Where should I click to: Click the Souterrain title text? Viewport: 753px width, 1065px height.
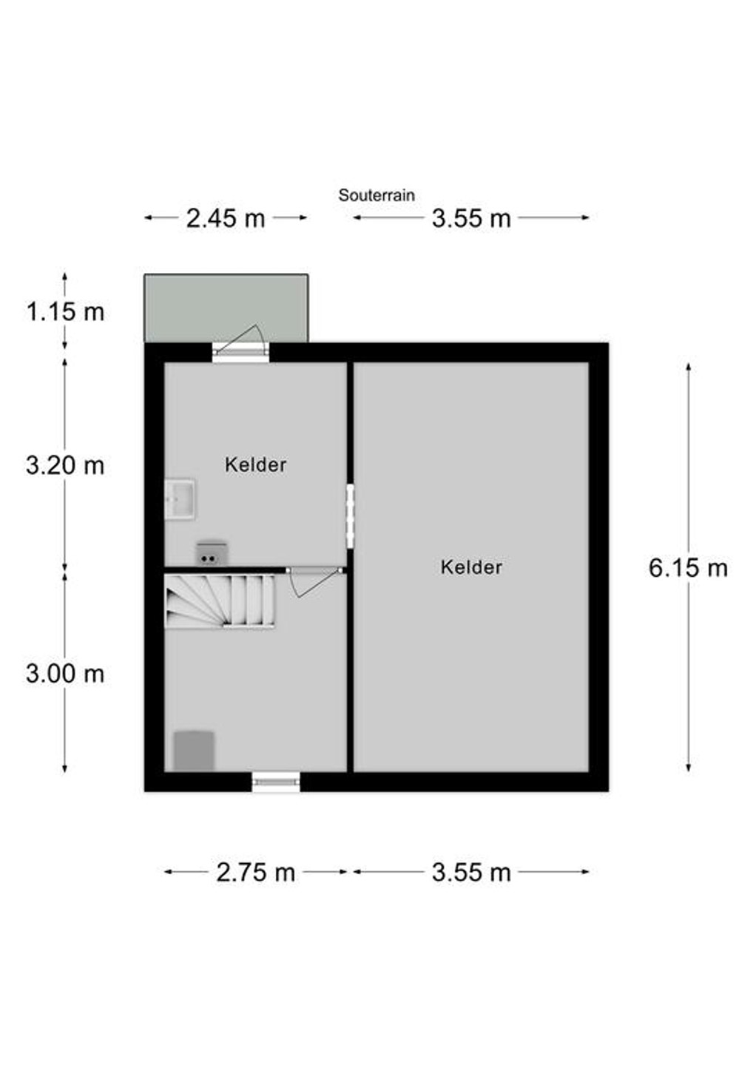(376, 195)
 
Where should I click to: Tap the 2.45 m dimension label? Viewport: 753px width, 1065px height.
(226, 219)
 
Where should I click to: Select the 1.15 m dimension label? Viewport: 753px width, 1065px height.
(65, 312)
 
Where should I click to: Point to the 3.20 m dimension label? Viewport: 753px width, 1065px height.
(65, 465)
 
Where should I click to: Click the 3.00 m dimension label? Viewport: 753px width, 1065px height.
(65, 674)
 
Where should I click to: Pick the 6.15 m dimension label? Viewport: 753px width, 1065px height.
(689, 568)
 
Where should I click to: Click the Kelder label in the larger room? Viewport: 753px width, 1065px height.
(471, 567)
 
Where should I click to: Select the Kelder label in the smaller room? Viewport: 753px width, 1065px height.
(256, 464)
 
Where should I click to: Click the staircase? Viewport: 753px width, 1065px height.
(220, 601)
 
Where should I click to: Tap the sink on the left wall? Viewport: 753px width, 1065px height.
(180, 499)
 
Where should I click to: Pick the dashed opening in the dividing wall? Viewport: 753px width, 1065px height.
(351, 516)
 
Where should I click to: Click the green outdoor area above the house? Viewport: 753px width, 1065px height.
(226, 308)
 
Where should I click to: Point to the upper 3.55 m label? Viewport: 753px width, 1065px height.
(471, 219)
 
